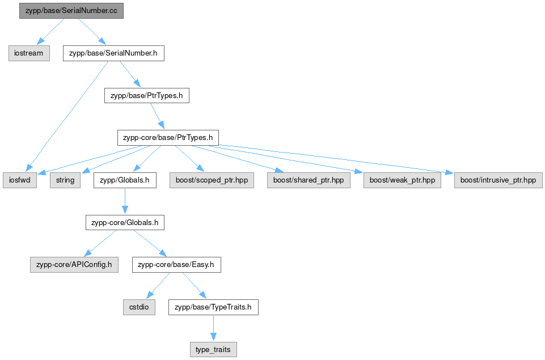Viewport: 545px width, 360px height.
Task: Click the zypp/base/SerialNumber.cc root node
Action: point(71,11)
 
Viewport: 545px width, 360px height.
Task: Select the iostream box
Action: point(29,53)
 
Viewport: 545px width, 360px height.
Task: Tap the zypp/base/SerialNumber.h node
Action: point(113,53)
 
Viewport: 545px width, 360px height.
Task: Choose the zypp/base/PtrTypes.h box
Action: point(147,96)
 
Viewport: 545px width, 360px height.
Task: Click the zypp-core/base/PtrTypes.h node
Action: point(168,138)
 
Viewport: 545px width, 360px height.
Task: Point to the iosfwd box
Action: point(20,180)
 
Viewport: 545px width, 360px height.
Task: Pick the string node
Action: point(65,180)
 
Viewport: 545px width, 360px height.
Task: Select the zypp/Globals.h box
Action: point(125,180)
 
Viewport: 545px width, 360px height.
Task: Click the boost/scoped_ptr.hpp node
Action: point(212,180)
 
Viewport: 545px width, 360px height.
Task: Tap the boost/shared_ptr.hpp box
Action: point(309,180)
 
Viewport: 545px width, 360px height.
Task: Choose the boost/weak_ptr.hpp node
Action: point(402,180)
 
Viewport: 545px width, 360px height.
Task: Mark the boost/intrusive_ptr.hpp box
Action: point(498,180)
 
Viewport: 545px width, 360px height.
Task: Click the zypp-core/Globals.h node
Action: point(125,222)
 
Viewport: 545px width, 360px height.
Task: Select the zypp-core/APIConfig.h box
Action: point(74,265)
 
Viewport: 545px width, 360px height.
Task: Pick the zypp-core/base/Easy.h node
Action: point(176,265)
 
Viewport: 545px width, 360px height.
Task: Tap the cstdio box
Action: point(139,307)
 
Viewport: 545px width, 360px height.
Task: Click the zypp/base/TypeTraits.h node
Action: point(213,307)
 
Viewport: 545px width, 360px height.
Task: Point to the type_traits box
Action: point(213,350)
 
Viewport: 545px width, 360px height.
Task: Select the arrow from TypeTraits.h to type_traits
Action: point(213,328)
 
